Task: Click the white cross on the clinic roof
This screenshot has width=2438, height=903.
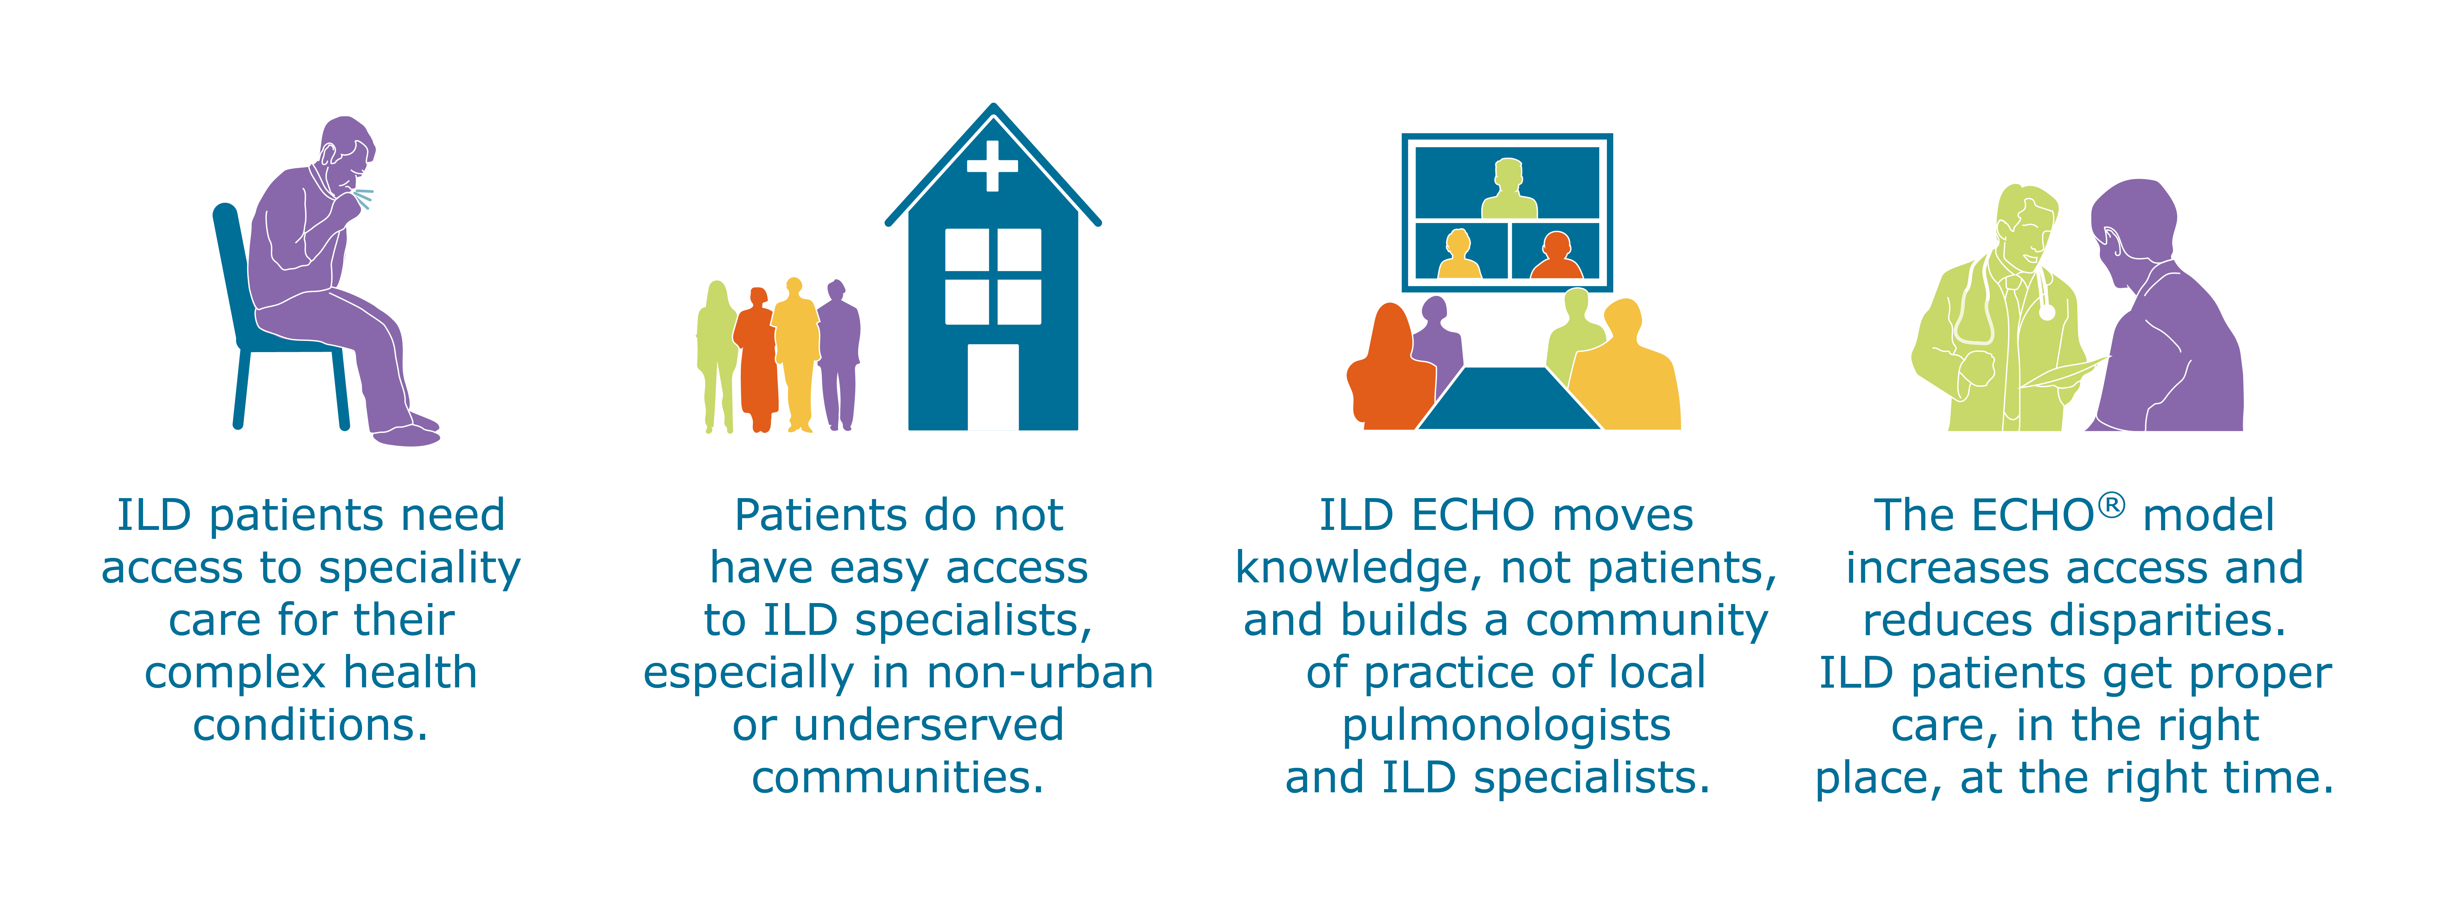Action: (x=992, y=167)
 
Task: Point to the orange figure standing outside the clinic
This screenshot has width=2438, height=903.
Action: (x=757, y=360)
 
